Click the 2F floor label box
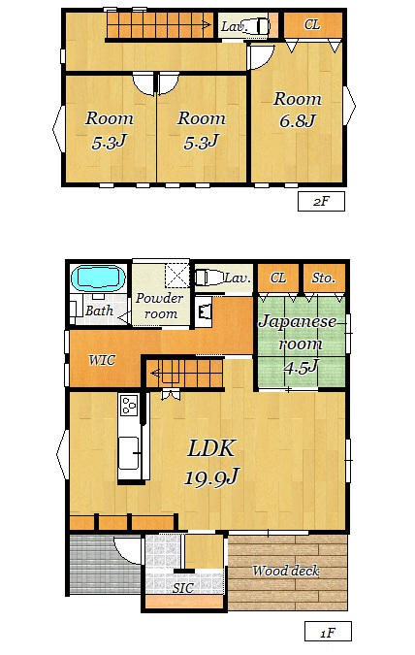pos(321,201)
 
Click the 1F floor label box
pos(328,632)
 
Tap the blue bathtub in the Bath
pos(98,278)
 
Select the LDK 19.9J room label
pos(211,462)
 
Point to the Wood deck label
pos(286,571)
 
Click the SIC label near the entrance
pos(183,588)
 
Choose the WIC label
pos(102,360)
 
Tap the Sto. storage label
pos(324,278)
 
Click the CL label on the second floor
pos(312,24)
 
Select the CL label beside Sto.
pos(278,278)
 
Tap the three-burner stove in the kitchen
pos(129,405)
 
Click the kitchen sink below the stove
pos(129,453)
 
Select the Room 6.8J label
pos(298,110)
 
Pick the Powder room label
pos(159,306)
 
